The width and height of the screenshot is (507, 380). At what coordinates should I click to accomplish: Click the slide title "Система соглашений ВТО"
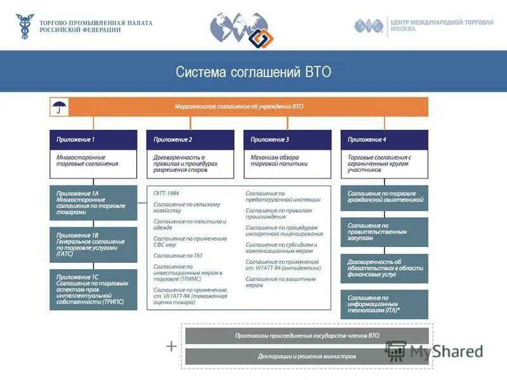pos(253,72)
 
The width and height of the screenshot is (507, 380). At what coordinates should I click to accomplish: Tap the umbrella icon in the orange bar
pos(59,106)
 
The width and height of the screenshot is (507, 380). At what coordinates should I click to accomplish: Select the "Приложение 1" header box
pos(93,139)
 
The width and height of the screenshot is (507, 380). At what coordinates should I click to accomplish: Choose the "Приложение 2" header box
pos(190,139)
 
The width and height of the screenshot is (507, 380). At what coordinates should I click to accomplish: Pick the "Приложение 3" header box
pos(287,139)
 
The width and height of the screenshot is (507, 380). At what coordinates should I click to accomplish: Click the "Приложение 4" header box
pos(384,139)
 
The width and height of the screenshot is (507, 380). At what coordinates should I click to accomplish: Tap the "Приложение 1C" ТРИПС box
pos(93,289)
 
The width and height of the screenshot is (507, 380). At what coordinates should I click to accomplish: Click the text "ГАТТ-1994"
pos(167,192)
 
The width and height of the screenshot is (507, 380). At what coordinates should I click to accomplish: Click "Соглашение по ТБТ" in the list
pos(178,255)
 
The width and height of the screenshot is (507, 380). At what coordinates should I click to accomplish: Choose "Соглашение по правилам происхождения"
pos(278,213)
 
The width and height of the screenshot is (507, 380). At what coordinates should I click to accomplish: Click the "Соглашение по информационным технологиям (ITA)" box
pos(384,304)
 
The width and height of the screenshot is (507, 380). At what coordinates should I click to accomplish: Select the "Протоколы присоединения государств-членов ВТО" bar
pos(307,336)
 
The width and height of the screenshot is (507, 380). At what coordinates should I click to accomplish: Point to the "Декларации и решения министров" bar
pos(307,356)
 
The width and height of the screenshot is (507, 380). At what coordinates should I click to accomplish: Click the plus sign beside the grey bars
pos(171,346)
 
